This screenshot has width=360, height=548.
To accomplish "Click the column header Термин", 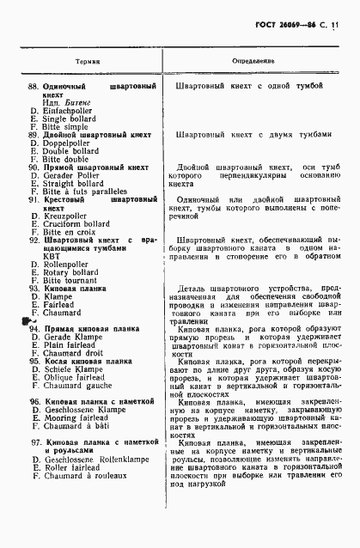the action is [x=88, y=62].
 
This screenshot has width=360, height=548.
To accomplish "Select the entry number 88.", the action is [x=34, y=87].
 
